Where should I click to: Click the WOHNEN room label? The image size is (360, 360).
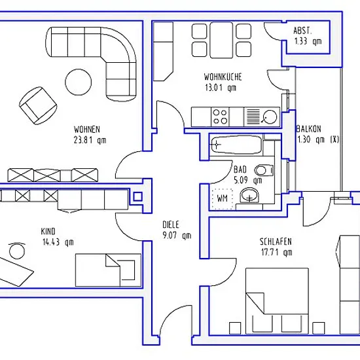(x=87, y=130)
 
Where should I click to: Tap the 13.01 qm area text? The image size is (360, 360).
(x=221, y=88)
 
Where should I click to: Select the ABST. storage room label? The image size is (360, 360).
(x=302, y=31)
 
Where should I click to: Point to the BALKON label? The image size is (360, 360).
(x=308, y=129)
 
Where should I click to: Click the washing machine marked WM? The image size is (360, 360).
(x=223, y=199)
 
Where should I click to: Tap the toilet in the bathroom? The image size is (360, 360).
(x=264, y=170)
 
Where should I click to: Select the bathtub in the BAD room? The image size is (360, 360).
(x=236, y=145)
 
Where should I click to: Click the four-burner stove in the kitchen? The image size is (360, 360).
(x=220, y=117)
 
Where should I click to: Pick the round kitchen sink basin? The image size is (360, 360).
(x=270, y=117)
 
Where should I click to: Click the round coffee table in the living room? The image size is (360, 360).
(x=79, y=82)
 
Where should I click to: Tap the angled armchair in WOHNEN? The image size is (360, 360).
(x=38, y=105)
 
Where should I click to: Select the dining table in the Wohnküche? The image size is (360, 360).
(x=221, y=40)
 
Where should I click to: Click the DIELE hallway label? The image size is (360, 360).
(x=171, y=225)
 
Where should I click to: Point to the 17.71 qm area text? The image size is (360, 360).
(x=277, y=252)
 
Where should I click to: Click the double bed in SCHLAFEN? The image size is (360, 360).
(x=277, y=301)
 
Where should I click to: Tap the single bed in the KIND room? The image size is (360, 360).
(x=108, y=270)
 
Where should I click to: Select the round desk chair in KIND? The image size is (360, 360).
(x=17, y=250)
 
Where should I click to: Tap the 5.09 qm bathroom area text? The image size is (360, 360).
(x=247, y=180)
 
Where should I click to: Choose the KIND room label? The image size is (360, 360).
(x=48, y=232)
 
